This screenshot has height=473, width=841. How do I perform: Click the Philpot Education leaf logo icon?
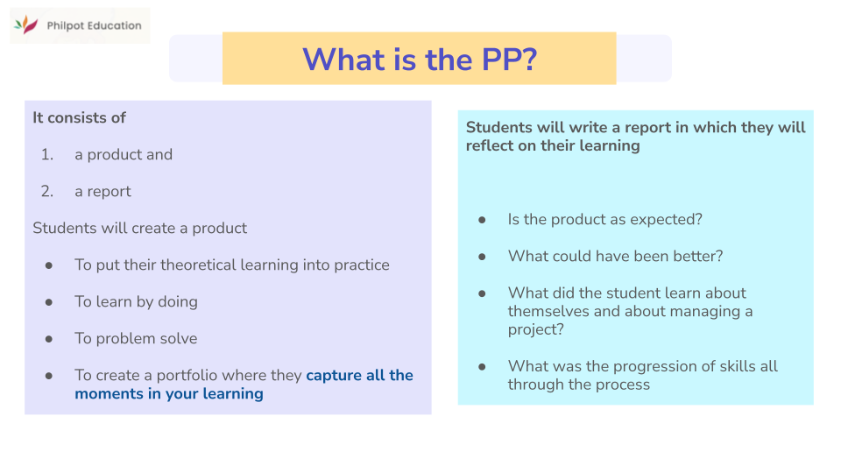(26, 25)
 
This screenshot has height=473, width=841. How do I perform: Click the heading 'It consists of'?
(80, 117)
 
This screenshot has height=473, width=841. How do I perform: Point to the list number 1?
(46, 154)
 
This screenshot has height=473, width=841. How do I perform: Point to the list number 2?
(46, 191)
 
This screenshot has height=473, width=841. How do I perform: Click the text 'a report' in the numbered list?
(102, 191)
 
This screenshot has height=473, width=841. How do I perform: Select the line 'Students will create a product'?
(140, 228)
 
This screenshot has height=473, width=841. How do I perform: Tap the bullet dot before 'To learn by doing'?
(49, 301)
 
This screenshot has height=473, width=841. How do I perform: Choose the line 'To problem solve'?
(136, 338)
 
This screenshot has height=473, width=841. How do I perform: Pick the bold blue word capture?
(333, 375)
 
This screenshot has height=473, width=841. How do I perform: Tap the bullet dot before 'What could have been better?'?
(482, 256)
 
